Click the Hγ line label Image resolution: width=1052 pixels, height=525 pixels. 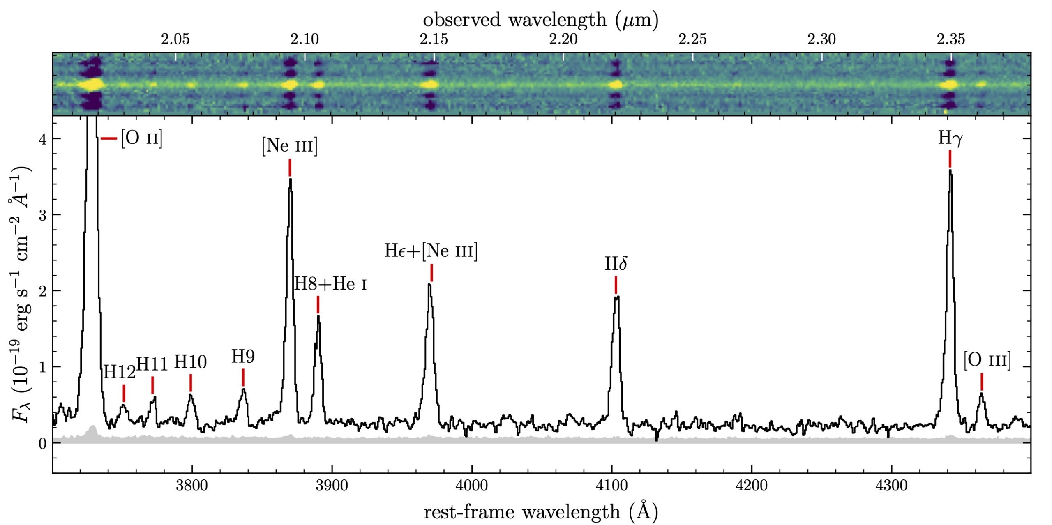click(950, 138)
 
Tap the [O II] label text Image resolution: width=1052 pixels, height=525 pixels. click(142, 138)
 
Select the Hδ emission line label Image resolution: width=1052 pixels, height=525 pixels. click(616, 264)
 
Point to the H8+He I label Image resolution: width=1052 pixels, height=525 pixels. click(330, 284)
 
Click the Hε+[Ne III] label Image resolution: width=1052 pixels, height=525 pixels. click(431, 251)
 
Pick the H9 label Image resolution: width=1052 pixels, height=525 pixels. click(243, 357)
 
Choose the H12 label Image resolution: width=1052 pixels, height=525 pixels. click(119, 372)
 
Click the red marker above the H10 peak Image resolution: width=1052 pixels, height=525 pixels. click(191, 383)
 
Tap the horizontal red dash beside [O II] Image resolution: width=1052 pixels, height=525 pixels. click(109, 138)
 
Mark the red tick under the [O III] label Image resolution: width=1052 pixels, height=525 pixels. click(982, 382)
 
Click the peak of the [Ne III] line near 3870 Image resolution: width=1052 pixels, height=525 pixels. click(290, 180)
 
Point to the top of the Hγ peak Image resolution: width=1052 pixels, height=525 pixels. click(950, 171)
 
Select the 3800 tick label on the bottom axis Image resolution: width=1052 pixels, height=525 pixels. click(191, 486)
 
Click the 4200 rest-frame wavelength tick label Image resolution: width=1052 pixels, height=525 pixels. click(752, 486)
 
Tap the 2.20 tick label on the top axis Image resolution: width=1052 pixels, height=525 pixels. click(563, 39)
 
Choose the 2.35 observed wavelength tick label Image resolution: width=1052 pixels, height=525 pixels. click(951, 39)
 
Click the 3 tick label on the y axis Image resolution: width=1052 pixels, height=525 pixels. click(42, 215)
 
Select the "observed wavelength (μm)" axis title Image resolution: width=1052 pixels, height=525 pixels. click(540, 20)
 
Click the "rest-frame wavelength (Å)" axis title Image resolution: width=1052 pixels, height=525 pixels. click(540, 511)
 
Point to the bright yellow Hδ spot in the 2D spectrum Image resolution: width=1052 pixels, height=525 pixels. click(616, 85)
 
